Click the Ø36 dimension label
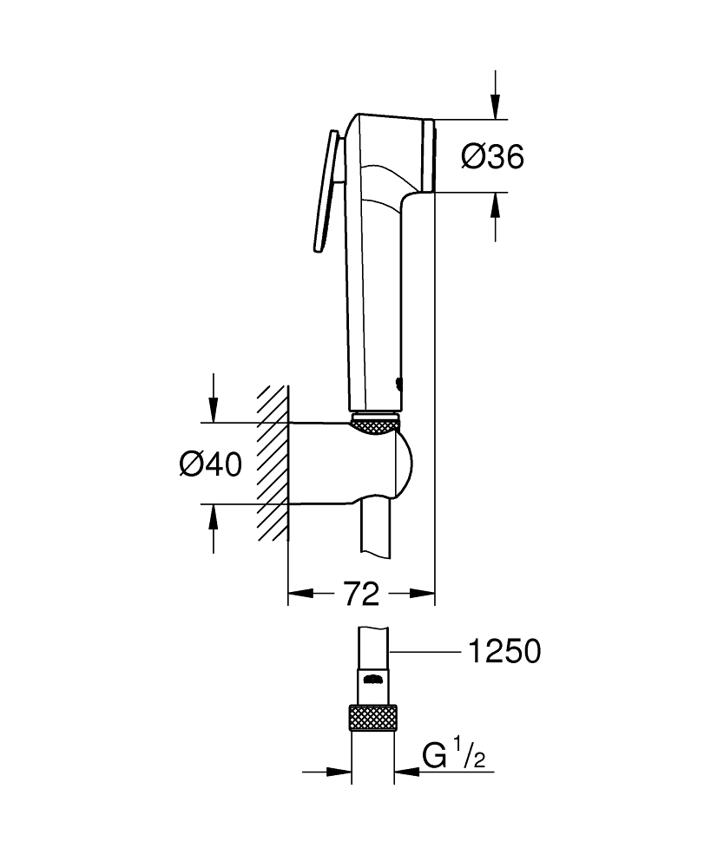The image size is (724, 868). [492, 157]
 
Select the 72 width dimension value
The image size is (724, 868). [360, 595]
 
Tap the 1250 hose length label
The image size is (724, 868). [504, 651]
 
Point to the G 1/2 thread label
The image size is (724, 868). [454, 756]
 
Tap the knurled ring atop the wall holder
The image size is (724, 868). [376, 424]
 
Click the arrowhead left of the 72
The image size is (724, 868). [298, 595]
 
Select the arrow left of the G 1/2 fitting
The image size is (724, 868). [339, 771]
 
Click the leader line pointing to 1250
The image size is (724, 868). [425, 651]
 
